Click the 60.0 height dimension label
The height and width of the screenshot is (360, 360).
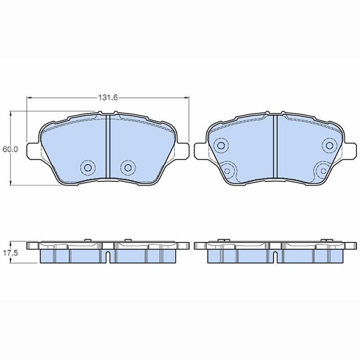[9, 149]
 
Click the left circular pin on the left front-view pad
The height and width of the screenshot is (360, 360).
[87, 167]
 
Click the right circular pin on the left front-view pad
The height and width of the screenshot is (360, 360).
[128, 167]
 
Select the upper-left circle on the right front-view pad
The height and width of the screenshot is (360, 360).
[220, 145]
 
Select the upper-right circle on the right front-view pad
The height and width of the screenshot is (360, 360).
[329, 145]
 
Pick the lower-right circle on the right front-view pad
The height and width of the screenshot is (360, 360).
[322, 170]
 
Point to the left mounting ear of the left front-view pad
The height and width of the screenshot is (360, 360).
[33, 150]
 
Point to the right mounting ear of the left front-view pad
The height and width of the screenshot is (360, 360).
[183, 150]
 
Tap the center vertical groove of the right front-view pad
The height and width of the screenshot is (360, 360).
[275, 146]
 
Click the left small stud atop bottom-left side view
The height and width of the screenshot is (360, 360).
[88, 240]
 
